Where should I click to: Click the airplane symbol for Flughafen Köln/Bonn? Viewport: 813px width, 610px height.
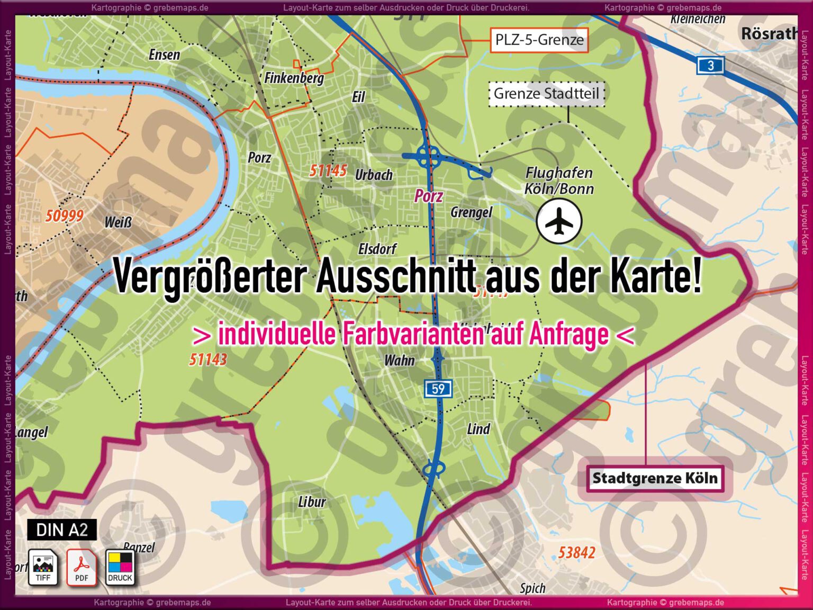[x=559, y=222]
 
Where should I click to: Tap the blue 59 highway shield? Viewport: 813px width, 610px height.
[x=438, y=389]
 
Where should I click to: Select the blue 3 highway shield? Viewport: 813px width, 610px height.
[x=710, y=66]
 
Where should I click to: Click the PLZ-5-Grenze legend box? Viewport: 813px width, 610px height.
[x=539, y=40]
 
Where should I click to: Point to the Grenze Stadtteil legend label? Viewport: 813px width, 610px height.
[x=546, y=94]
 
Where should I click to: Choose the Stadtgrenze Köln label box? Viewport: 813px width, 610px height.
[x=655, y=478]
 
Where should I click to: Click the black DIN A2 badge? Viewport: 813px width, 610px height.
[x=62, y=530]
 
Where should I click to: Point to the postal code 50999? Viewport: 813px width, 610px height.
[x=64, y=216]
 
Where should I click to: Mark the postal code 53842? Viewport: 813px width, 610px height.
[x=576, y=553]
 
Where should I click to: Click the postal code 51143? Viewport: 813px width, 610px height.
[x=208, y=360]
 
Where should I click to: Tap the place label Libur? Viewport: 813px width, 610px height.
[x=312, y=501]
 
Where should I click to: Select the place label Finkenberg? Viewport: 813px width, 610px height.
[x=294, y=78]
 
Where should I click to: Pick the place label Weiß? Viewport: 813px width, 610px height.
[x=118, y=222]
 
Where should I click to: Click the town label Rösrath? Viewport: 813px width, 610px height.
[x=769, y=34]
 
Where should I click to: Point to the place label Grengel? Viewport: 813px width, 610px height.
[x=471, y=213]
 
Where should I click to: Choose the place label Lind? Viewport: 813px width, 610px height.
[x=478, y=429]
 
